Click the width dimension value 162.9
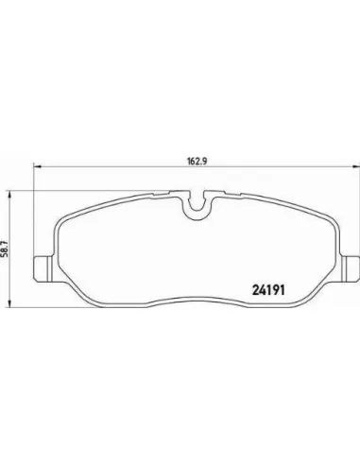point(197,161)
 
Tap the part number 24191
point(268,290)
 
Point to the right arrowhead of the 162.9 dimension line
point(356,167)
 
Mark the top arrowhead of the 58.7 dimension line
point(10,195)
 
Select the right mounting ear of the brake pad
point(351,268)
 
